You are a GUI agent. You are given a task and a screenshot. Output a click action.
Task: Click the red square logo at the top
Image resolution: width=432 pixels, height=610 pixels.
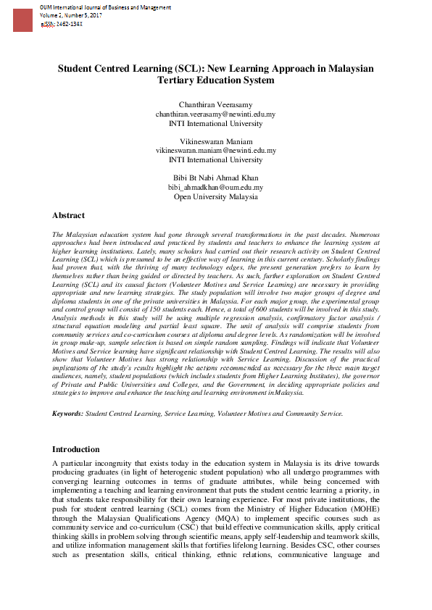point(22,20)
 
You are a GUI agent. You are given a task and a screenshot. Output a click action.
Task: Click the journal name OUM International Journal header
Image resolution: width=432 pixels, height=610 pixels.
point(105,7)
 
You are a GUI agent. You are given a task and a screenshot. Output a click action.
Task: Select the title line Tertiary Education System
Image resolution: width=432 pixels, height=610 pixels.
point(215,80)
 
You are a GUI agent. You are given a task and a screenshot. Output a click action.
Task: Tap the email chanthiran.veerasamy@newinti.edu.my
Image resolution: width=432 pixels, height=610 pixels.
point(215,114)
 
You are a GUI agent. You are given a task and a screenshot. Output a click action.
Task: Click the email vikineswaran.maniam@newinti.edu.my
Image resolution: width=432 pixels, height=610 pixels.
point(215,151)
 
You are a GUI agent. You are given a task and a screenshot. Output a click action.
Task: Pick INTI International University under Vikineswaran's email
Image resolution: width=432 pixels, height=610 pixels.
point(215,159)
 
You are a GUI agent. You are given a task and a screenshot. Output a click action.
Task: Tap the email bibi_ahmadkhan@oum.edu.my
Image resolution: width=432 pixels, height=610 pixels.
point(215,187)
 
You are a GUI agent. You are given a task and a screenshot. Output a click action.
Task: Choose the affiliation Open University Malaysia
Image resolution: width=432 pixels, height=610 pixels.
point(215,196)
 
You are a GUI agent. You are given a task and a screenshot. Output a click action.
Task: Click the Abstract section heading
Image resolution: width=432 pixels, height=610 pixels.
point(68,215)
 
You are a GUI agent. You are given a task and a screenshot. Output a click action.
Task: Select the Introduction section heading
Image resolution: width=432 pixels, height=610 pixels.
point(75,449)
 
